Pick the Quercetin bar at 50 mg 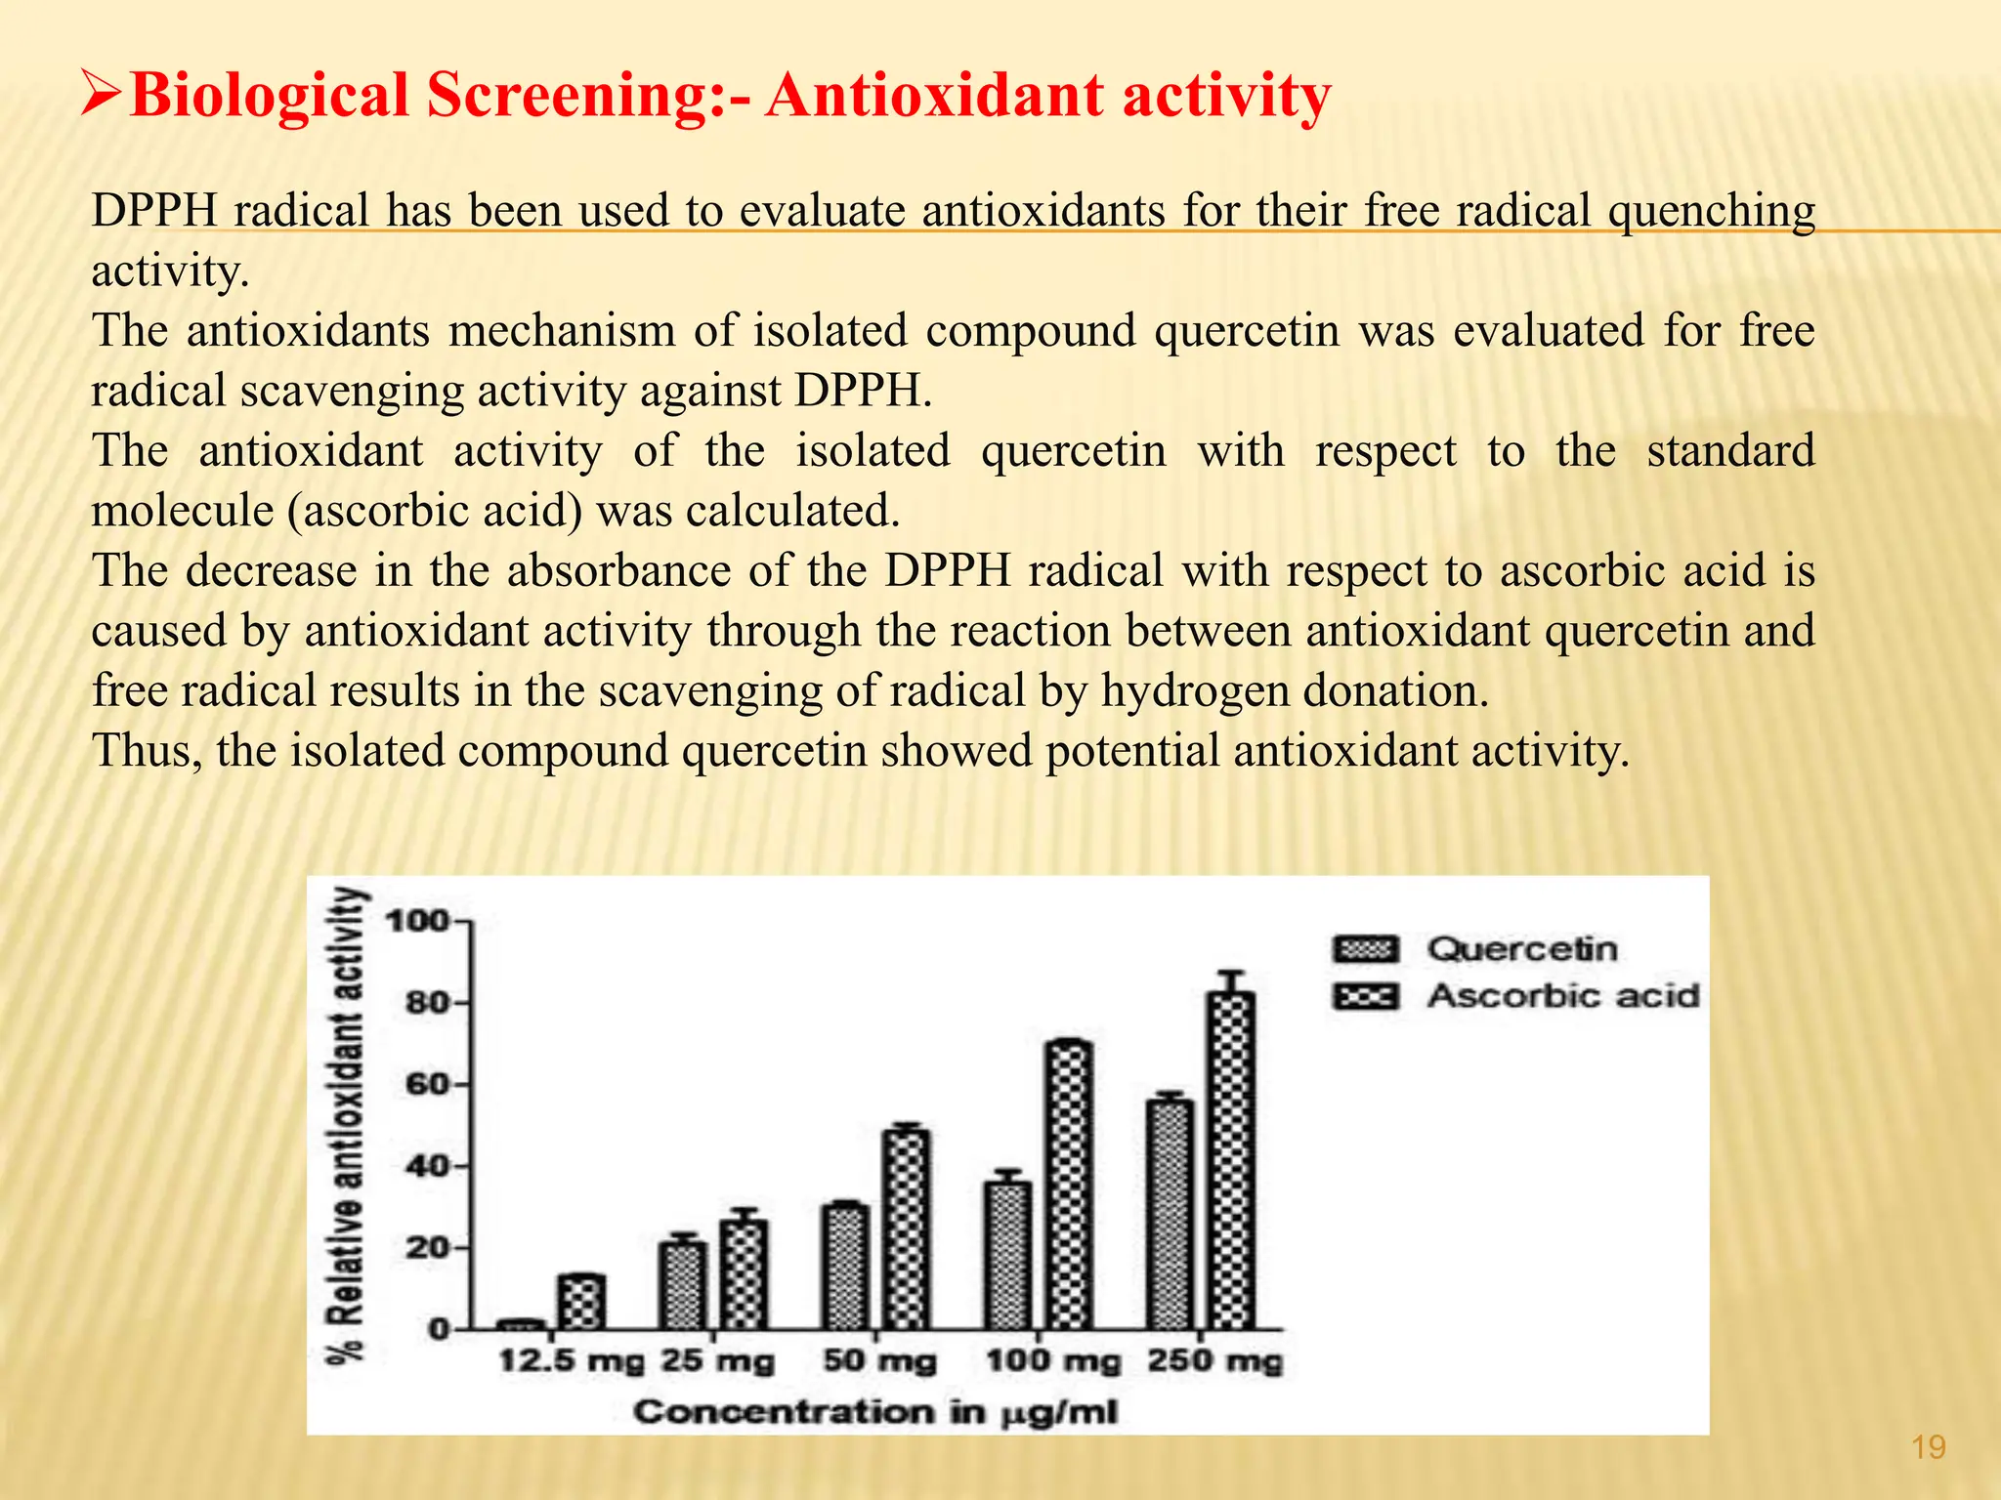845,1267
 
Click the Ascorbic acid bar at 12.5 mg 582,1302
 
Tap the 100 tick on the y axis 420,921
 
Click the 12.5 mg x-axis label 572,1360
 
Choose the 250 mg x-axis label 1214,1360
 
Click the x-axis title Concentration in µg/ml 874,1412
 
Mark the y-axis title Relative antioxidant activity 349,1123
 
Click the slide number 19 1928,1446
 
